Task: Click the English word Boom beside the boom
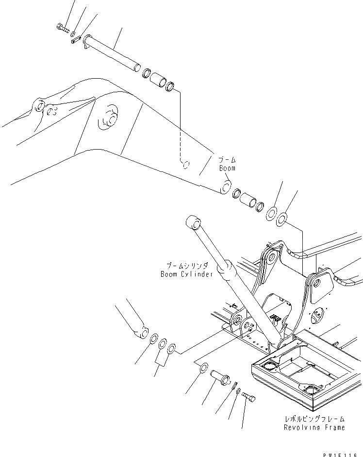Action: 227,168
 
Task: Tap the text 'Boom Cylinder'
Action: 187,274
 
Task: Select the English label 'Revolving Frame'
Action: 314,427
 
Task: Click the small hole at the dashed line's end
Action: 184,164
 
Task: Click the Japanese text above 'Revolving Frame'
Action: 315,419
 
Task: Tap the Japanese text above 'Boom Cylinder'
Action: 187,266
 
